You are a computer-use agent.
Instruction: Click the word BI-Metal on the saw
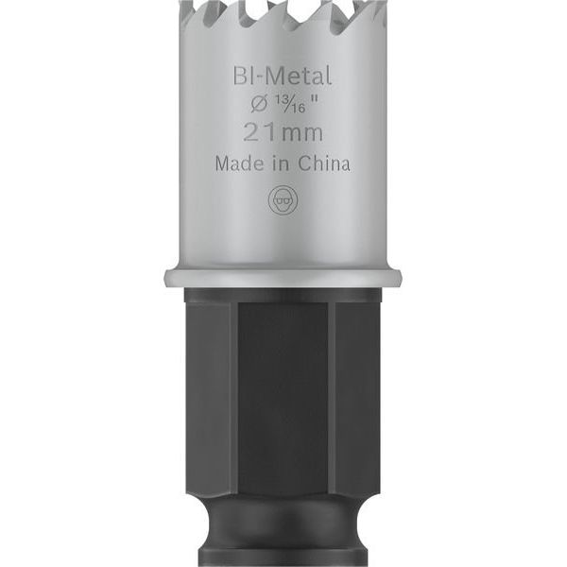pyautogui.click(x=282, y=76)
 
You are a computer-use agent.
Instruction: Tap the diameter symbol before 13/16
pyautogui.click(x=259, y=104)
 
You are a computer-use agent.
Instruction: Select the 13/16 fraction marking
pyautogui.click(x=289, y=103)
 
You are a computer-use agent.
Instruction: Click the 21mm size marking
pyautogui.click(x=283, y=132)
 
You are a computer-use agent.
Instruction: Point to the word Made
pyautogui.click(x=239, y=163)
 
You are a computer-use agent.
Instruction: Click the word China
pyautogui.click(x=324, y=163)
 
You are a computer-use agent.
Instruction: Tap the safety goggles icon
pyautogui.click(x=283, y=200)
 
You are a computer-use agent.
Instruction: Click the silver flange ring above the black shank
pyautogui.click(x=283, y=277)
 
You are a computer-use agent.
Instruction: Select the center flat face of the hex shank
pyautogui.click(x=283, y=398)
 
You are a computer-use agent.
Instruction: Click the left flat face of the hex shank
pyautogui.click(x=210, y=398)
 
